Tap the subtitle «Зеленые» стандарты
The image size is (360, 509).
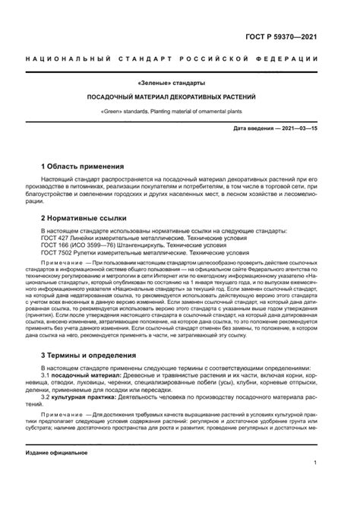pos(178,83)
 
